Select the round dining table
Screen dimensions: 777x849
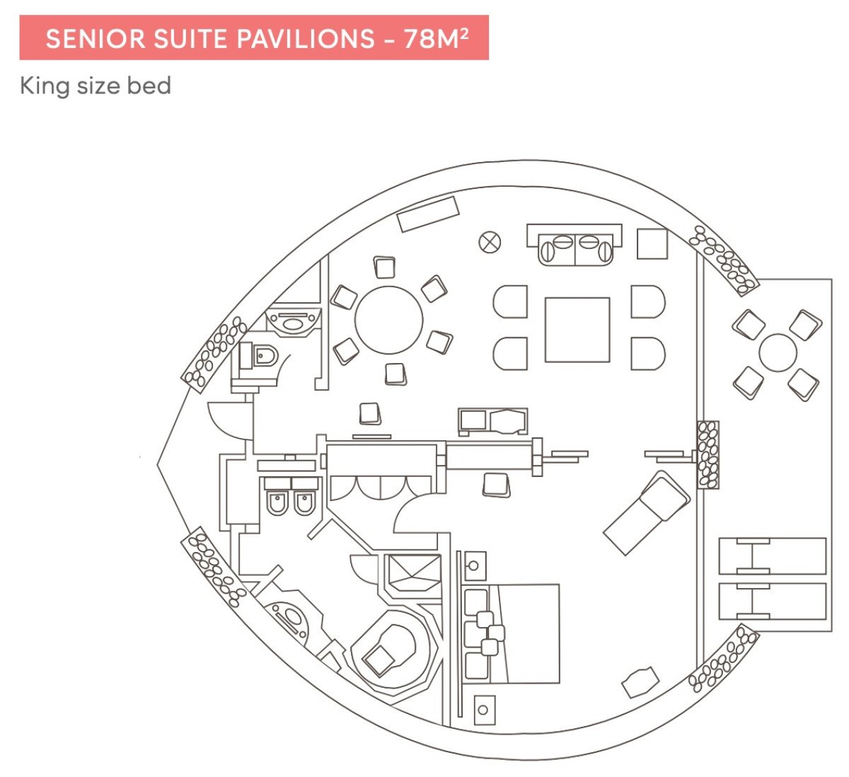point(388,319)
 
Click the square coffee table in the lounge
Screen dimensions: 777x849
point(577,330)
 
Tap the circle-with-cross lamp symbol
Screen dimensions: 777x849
point(490,242)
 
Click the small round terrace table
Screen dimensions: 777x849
point(778,352)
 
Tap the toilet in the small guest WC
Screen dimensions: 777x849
point(262,356)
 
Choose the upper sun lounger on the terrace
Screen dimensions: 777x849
point(773,556)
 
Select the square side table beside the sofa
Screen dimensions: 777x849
point(652,244)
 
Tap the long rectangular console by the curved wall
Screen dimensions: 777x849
point(429,213)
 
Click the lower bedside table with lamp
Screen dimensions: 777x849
point(484,708)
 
